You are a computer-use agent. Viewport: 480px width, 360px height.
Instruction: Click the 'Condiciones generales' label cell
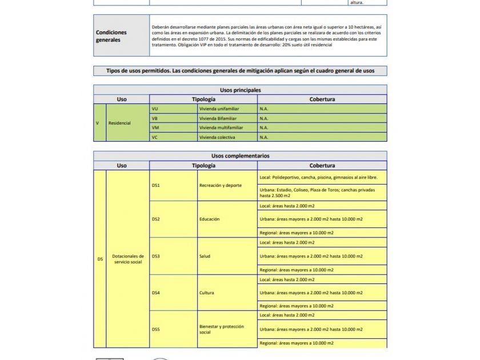click(121, 36)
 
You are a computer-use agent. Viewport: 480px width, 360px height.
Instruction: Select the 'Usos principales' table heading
click(240, 90)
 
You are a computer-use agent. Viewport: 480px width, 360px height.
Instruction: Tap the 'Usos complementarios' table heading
click(240, 156)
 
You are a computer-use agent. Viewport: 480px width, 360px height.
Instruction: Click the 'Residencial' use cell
click(127, 123)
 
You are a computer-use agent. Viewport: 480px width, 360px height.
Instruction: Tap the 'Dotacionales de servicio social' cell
click(127, 259)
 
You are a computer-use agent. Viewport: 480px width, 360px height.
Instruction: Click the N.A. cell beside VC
click(322, 137)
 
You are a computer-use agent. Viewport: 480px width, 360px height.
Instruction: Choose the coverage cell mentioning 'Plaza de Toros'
click(322, 193)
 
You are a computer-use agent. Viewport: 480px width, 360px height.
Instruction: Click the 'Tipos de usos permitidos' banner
click(240, 71)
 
